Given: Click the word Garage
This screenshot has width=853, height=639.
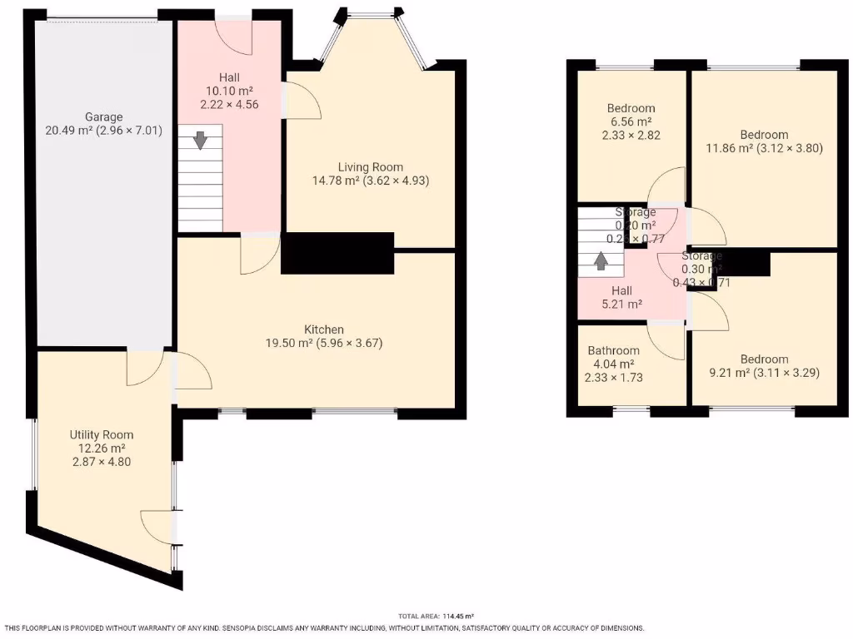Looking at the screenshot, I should click(x=103, y=116).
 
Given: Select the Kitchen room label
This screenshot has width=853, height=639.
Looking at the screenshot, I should click(x=324, y=329).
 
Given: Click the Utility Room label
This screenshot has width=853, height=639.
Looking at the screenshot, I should click(x=101, y=434).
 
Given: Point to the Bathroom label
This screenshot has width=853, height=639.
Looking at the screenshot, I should click(x=613, y=350).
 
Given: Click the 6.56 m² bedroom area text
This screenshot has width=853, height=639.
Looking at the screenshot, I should click(x=630, y=121).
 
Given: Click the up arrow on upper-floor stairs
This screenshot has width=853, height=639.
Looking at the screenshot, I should click(x=600, y=260).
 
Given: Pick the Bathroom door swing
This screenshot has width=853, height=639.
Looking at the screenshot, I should click(x=668, y=342).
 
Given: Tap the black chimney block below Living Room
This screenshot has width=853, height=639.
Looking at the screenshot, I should click(x=337, y=253).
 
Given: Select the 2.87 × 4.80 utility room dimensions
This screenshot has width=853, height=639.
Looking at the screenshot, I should click(x=100, y=461).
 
